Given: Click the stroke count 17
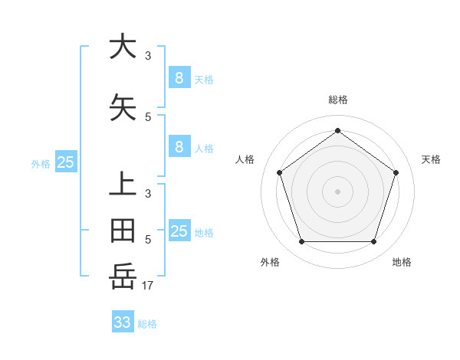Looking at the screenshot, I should click(148, 286).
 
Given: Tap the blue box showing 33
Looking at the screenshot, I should click(123, 322).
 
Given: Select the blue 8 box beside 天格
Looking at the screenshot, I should click(179, 78).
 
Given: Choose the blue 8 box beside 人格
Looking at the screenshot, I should click(179, 147).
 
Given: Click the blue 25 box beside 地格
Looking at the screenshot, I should click(179, 231).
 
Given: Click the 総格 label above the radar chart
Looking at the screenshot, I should click(337, 100).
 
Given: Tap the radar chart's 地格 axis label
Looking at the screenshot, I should click(402, 262).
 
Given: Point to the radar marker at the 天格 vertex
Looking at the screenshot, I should click(396, 172).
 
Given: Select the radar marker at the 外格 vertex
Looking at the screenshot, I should click(301, 242).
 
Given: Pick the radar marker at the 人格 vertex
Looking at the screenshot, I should click(279, 172).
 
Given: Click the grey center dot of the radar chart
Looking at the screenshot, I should click(337, 191).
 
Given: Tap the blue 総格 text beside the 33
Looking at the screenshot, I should click(147, 324).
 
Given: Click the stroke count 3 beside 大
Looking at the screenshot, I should click(148, 55).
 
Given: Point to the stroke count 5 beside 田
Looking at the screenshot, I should click(148, 239).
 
